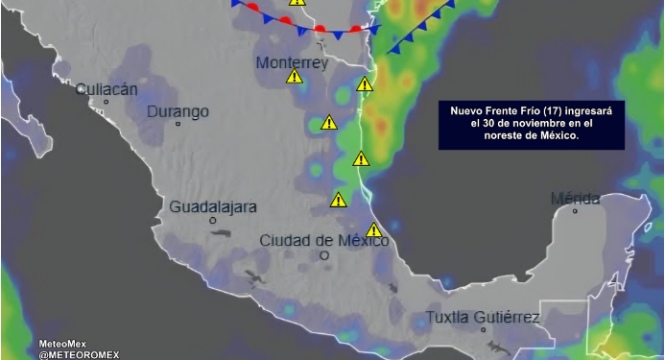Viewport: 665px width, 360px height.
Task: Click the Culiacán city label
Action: pos(107,89)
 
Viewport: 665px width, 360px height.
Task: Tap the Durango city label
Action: pos(178,112)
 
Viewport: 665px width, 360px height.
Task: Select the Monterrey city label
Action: pos(292,63)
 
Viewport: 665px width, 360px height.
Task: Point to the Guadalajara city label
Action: pos(213,206)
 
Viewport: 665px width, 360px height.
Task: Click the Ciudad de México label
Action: pos(323,240)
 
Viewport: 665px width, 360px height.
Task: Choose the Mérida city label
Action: pos(575,199)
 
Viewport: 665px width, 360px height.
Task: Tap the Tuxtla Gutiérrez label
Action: pos(483,317)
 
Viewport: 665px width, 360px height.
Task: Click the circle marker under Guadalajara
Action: pos(213,221)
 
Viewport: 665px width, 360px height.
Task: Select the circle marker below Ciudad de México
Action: pos(324,255)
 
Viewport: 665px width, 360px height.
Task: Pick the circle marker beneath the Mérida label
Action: pos(576,211)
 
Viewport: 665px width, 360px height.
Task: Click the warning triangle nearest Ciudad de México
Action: pos(373,230)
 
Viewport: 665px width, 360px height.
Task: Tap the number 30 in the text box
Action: pos(490,124)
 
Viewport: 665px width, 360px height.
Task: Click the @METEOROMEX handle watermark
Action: pos(79,353)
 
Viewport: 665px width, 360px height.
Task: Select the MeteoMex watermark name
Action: pos(64,343)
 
